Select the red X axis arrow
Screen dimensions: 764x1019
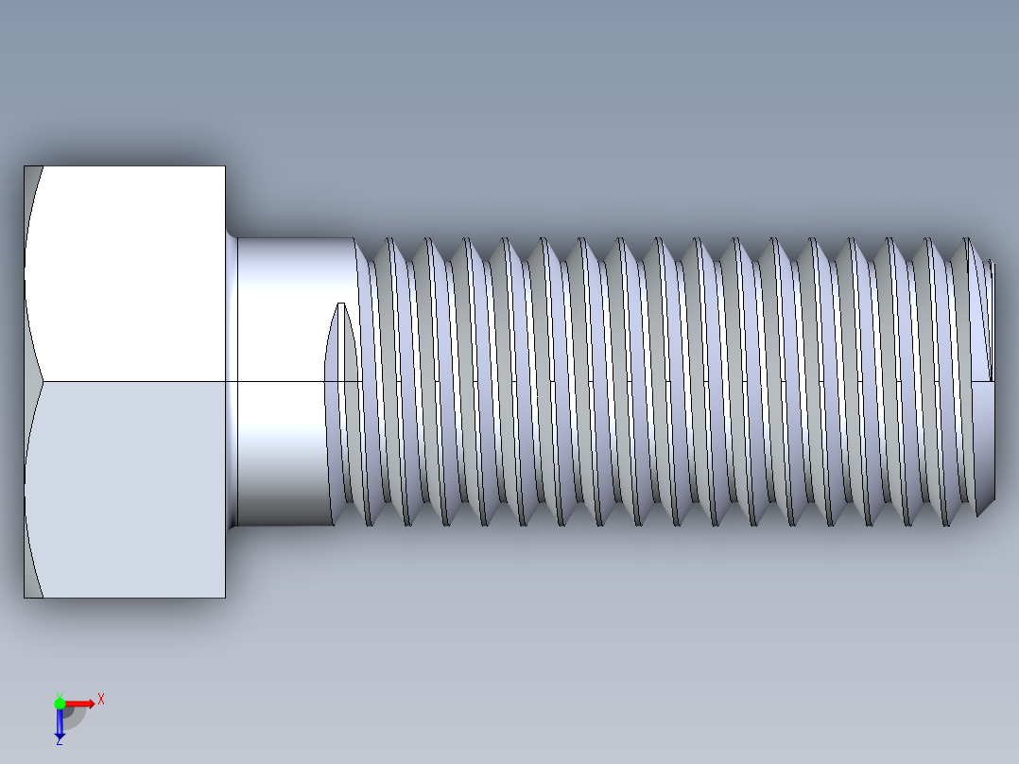click(x=80, y=703)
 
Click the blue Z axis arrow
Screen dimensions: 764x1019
click(x=60, y=723)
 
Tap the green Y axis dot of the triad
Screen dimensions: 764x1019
click(x=60, y=702)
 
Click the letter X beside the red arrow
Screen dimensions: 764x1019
click(x=100, y=699)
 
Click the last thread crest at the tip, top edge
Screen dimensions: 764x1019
click(x=967, y=240)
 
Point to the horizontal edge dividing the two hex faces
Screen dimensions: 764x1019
click(x=132, y=382)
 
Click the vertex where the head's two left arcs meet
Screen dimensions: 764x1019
click(x=43, y=382)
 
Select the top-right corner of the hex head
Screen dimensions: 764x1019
click(x=225, y=166)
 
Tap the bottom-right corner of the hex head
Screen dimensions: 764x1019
click(x=225, y=598)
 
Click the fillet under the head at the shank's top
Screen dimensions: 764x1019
click(x=231, y=235)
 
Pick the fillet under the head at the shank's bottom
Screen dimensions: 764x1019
click(x=231, y=525)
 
